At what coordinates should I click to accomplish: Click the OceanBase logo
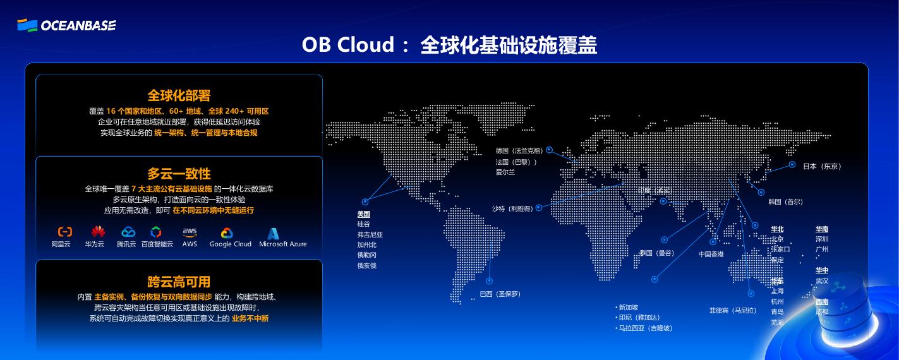click(66, 25)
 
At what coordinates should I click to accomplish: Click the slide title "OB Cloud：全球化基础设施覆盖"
click(449, 45)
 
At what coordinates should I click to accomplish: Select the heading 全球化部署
click(179, 95)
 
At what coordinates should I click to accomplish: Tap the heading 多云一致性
click(179, 174)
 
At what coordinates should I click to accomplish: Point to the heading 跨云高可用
click(179, 282)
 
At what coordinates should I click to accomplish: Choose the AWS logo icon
click(190, 232)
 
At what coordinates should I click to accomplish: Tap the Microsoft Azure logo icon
click(273, 233)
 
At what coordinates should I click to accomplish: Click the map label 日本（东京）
click(822, 166)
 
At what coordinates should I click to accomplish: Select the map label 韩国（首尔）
click(785, 202)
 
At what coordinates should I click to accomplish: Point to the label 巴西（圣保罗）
click(500, 294)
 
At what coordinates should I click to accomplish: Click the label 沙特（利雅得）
click(512, 208)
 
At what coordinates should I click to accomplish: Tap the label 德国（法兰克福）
click(519, 151)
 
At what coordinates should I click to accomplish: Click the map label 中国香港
click(711, 255)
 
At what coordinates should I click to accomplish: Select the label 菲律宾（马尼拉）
click(733, 311)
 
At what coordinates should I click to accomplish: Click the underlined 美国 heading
click(363, 214)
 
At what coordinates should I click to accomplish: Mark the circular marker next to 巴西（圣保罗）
click(489, 281)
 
